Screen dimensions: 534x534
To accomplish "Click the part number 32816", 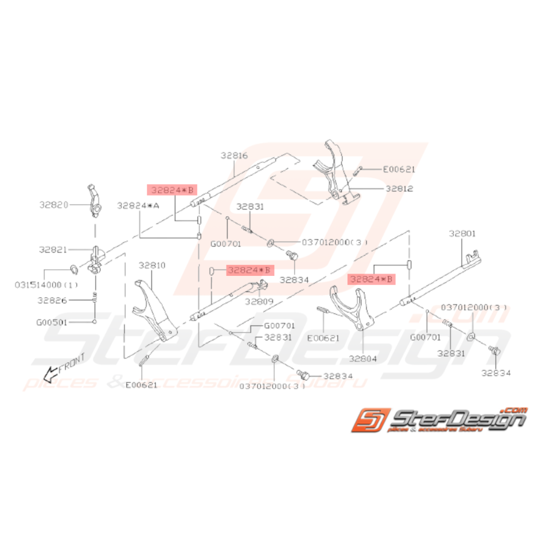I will [x=235, y=155].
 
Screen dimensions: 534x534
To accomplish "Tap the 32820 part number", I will [x=54, y=204].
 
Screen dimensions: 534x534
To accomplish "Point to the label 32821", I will [x=53, y=250].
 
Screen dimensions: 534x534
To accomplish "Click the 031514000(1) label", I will [x=46, y=284].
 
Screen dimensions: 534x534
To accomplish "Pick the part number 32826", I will [x=53, y=299].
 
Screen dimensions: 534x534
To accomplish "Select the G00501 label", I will [x=53, y=322].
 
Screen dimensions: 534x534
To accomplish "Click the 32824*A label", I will [x=138, y=205].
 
